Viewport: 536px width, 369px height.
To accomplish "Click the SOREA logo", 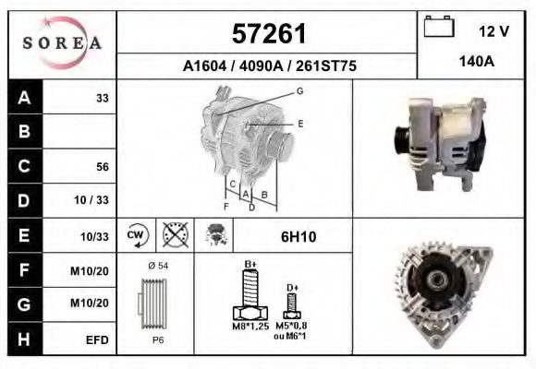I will coord(62,44).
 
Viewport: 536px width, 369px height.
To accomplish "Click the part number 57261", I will coord(267,34).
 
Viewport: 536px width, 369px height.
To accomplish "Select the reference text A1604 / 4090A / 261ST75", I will coord(269,66).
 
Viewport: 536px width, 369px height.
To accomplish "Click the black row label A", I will coord(23,98).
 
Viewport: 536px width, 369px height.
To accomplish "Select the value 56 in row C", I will coord(103,167).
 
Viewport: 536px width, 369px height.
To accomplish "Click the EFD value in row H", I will coord(97,339).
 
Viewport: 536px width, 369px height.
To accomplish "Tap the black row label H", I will coord(23,339).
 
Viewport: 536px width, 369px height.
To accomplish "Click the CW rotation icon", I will coord(137,236).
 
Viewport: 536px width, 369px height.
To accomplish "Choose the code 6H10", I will coord(298,237).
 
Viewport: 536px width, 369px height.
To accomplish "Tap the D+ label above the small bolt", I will coord(292,288).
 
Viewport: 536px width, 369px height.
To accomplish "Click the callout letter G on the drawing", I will coord(299,90).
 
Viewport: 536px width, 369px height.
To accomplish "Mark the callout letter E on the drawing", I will coord(300,123).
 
